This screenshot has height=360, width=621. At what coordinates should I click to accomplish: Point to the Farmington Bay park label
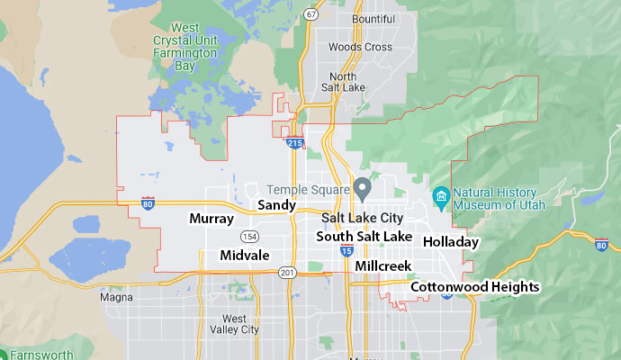(187, 40)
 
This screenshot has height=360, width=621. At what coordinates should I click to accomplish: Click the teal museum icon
(441, 195)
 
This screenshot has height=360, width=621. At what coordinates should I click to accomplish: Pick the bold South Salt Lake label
(364, 237)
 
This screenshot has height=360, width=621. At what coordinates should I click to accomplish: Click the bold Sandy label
(276, 205)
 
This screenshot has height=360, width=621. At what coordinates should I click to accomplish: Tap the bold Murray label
(211, 219)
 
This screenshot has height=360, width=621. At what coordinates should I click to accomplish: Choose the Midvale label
(244, 256)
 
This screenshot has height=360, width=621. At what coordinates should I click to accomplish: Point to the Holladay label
(451, 242)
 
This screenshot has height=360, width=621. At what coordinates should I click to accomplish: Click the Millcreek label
(383, 266)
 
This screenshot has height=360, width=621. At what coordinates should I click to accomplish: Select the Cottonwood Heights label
(474, 287)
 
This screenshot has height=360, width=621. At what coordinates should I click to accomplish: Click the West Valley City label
(239, 324)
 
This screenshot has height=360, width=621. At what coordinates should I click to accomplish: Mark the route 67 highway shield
(311, 15)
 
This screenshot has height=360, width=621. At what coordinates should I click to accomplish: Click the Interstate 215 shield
(295, 142)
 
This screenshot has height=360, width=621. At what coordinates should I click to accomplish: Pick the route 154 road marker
(249, 236)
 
